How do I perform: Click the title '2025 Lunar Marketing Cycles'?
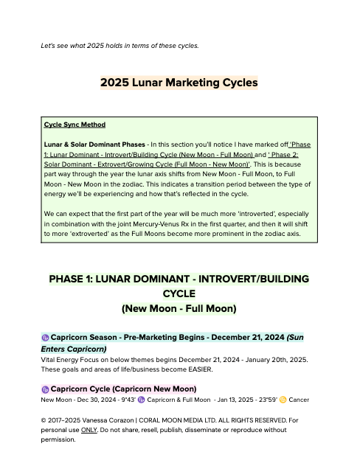(179, 83)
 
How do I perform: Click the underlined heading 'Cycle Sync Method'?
(75, 125)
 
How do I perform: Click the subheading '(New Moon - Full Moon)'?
(179, 307)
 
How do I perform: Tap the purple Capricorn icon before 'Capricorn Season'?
(45, 337)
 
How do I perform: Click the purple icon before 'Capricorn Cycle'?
(45, 389)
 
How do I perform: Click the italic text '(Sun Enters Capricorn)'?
(74, 349)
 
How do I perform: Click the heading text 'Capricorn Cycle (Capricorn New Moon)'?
(123, 389)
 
